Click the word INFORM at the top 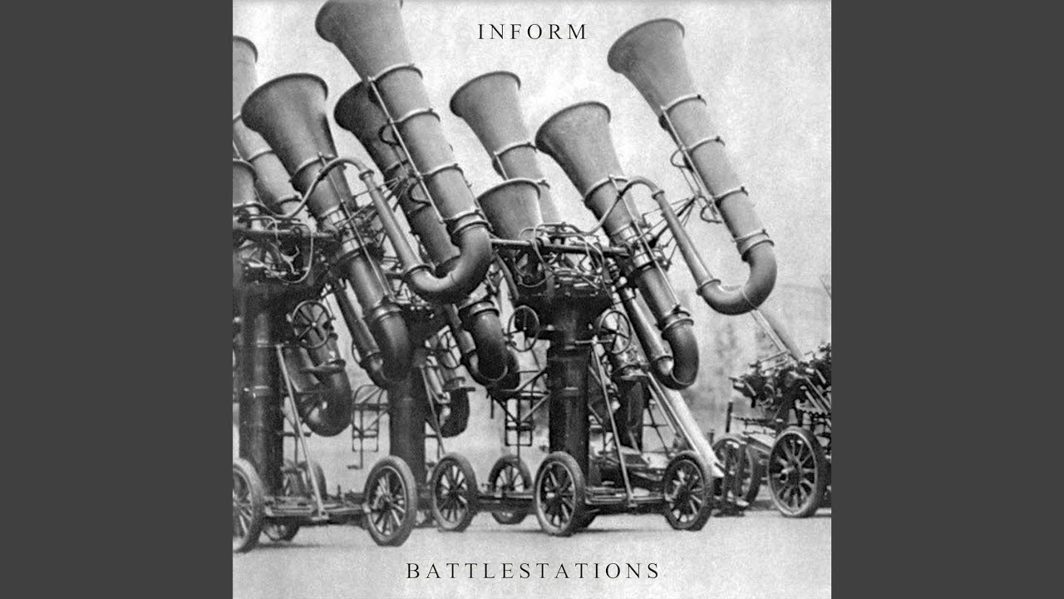(532, 32)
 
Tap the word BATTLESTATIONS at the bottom (533, 571)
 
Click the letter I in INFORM (480, 32)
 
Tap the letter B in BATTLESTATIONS (413, 571)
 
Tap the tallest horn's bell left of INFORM (363, 24)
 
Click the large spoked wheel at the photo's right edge (796, 472)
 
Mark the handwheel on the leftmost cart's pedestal (312, 324)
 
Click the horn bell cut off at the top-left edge (244, 52)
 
